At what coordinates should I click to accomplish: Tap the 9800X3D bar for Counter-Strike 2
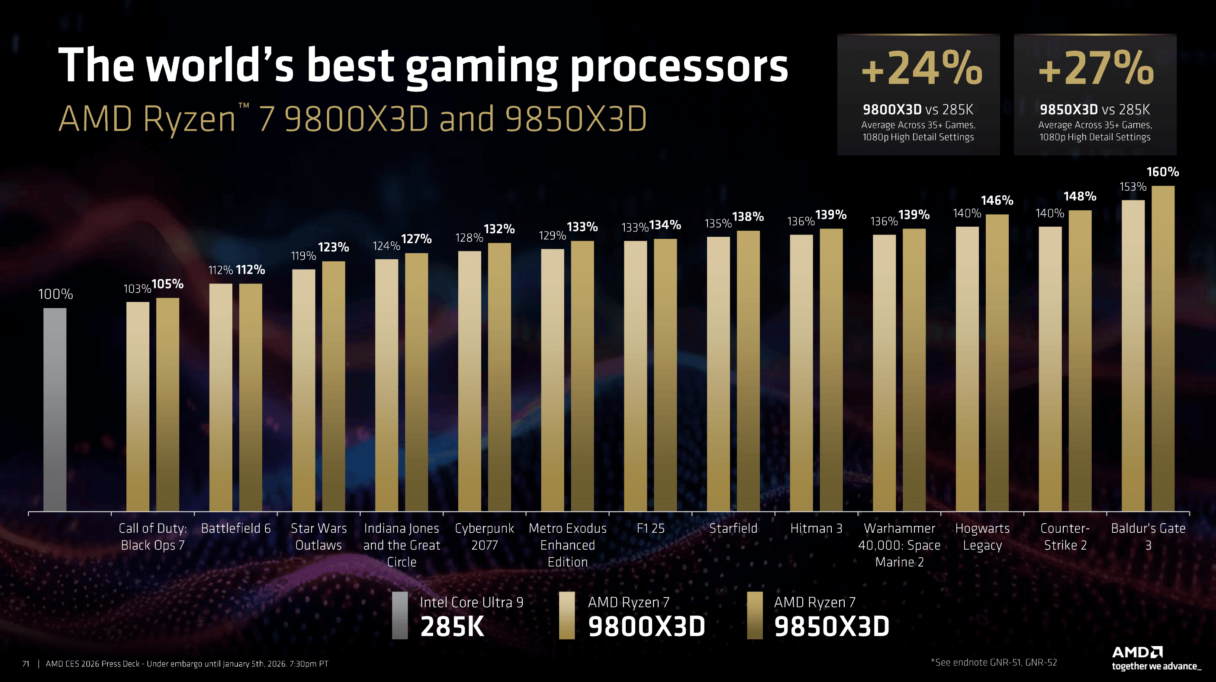coord(1050,369)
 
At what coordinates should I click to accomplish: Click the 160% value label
coord(1163,172)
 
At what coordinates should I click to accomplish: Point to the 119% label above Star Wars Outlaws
coord(303,256)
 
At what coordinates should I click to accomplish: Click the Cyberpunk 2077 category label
coord(484,537)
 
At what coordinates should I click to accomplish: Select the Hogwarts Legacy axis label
coord(982,537)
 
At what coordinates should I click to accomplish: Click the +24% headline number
coord(921,69)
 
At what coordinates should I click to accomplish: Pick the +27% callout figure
coord(1096,69)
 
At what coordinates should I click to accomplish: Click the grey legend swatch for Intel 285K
coord(400,615)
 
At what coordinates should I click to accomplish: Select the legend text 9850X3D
coord(831,627)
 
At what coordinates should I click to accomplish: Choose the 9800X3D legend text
coord(646,627)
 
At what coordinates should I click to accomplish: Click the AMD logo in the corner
coord(1137,653)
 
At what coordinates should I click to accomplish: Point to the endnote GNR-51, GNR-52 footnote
coord(994,662)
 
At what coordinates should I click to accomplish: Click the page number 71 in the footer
coord(26,663)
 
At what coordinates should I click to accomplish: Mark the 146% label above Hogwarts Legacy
coord(997,201)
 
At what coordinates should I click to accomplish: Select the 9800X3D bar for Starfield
coord(718,373)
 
